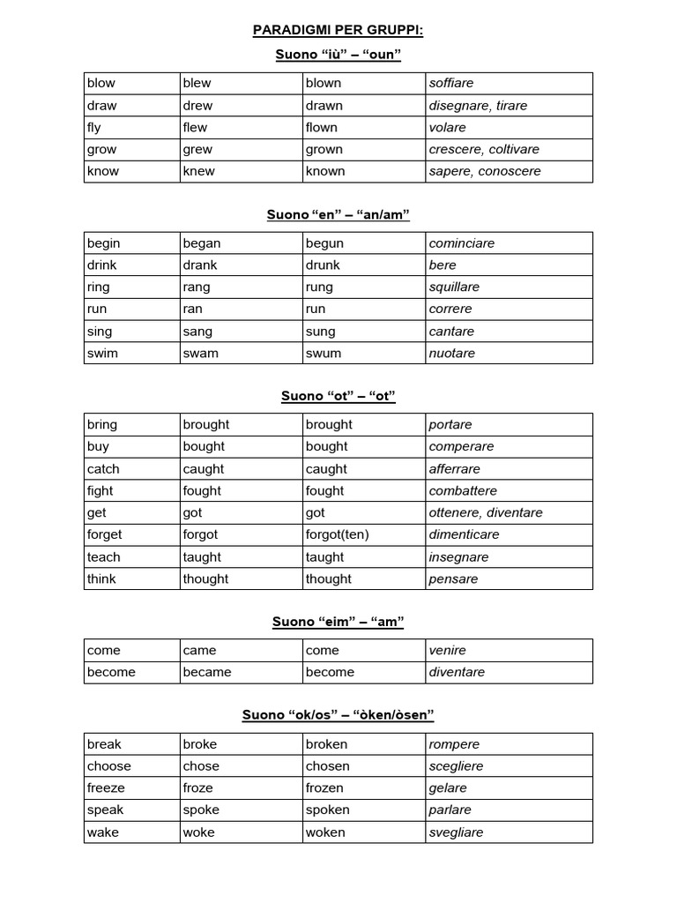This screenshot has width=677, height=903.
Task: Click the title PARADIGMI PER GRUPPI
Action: (x=338, y=31)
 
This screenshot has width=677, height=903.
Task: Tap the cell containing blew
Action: (x=197, y=83)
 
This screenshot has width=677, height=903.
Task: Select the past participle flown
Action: (x=322, y=127)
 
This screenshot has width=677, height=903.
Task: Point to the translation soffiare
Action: (x=451, y=83)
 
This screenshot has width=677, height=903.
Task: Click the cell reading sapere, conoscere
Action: (x=485, y=171)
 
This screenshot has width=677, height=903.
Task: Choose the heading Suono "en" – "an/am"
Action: (x=338, y=214)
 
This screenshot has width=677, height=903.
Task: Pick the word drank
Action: (x=200, y=265)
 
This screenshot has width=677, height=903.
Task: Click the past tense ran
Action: (x=193, y=309)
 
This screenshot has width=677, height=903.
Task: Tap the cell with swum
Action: (x=324, y=353)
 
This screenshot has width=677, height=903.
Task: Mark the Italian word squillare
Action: (x=454, y=287)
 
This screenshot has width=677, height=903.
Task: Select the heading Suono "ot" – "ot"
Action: (x=338, y=396)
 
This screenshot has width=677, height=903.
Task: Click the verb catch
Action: (x=103, y=469)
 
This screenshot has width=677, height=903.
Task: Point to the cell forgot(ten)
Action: (x=338, y=534)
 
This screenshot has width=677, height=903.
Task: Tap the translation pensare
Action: (x=453, y=578)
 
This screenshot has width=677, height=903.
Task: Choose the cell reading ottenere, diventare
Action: (x=486, y=512)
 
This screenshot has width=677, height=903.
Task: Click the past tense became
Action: (x=207, y=672)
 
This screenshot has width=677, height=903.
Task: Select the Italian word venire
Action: (x=448, y=650)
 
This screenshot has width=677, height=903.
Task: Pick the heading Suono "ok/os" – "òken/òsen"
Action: (x=338, y=714)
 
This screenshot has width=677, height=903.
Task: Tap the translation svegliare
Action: (x=456, y=832)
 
